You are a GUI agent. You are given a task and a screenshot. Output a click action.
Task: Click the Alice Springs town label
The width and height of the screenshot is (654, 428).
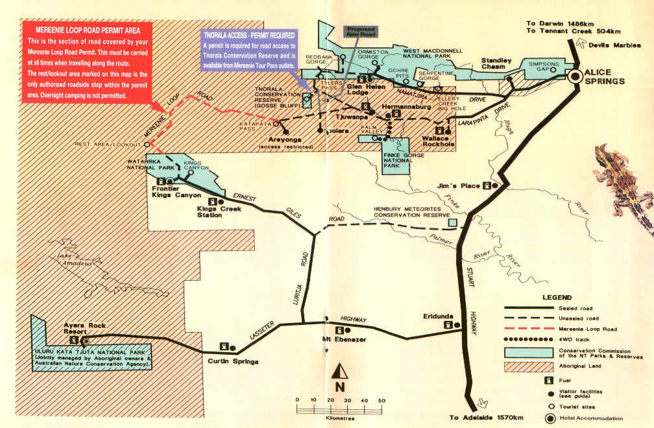(x=604, y=76)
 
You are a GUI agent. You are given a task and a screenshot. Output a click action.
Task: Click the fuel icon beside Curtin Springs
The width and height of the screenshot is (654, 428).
(x=224, y=346)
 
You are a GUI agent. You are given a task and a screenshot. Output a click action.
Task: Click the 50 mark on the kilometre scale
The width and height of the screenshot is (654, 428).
(x=381, y=400)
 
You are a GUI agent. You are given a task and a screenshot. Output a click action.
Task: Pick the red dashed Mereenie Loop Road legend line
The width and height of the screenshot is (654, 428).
(x=526, y=329)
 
